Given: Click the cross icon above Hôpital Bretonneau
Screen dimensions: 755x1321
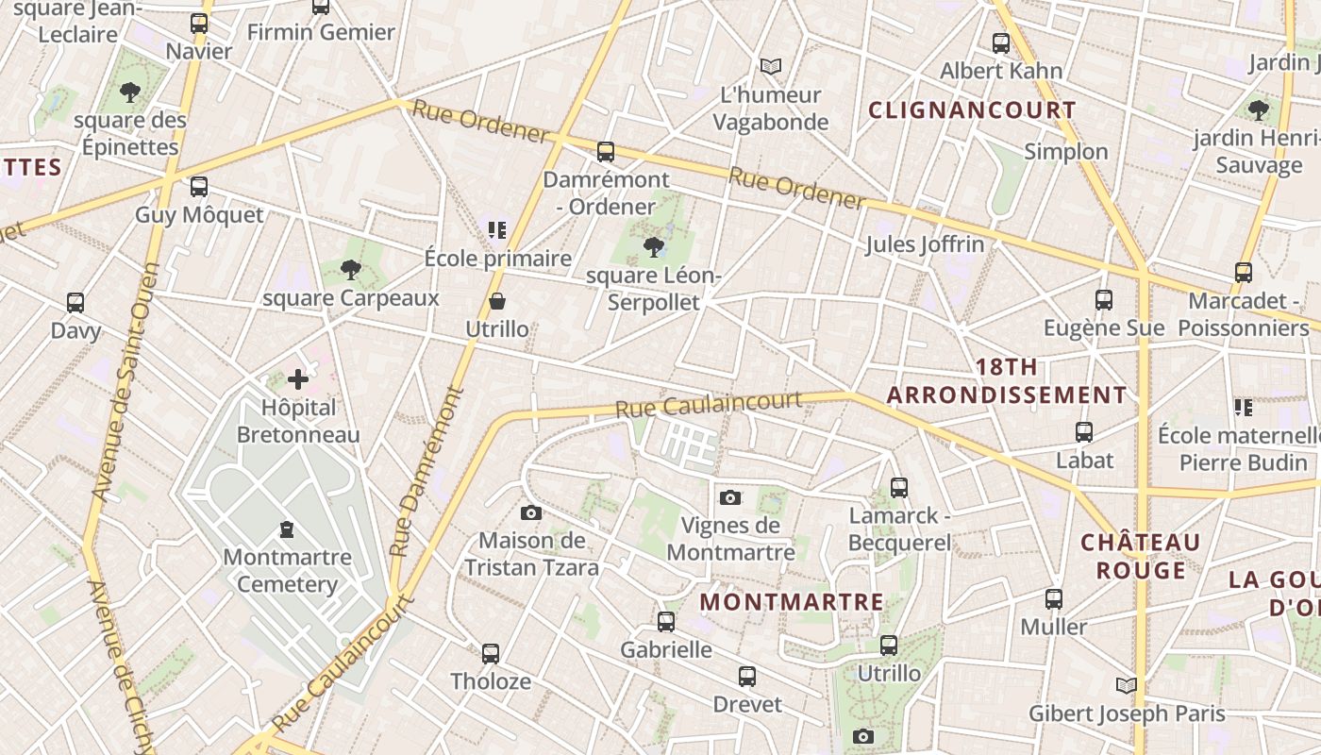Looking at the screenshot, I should pos(298,380).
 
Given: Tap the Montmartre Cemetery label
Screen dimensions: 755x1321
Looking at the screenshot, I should pos(287,570).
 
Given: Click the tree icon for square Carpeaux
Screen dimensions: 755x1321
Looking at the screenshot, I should pos(351,271).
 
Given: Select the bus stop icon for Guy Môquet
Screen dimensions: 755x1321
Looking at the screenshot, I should pos(199,187).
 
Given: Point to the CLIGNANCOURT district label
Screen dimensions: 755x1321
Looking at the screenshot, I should pos(972,110).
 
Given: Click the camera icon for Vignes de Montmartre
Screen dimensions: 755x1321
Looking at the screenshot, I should pos(729,497).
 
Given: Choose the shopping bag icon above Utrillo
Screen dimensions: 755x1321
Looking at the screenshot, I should pos(497,301).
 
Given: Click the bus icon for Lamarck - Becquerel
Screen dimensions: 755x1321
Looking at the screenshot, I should pos(899,488).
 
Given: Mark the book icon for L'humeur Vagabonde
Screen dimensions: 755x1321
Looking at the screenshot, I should pos(771,66).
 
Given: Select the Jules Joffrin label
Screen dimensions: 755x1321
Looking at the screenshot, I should pos(925,245).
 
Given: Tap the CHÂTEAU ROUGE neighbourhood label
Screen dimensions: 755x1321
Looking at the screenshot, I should pos(1141,557).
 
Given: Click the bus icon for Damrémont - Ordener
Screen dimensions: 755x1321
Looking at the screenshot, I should pos(606,152).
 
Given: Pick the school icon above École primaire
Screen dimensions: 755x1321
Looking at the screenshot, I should pos(497,229).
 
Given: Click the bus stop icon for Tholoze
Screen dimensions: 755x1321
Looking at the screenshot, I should pos(491,653).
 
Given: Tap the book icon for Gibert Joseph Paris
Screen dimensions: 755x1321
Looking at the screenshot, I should pos(1126,685).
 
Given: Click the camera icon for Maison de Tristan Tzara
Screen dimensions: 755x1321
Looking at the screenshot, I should pos(531,512).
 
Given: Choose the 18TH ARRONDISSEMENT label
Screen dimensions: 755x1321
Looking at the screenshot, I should pos(1007,381).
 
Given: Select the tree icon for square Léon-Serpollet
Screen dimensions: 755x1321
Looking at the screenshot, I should pos(652,247).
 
